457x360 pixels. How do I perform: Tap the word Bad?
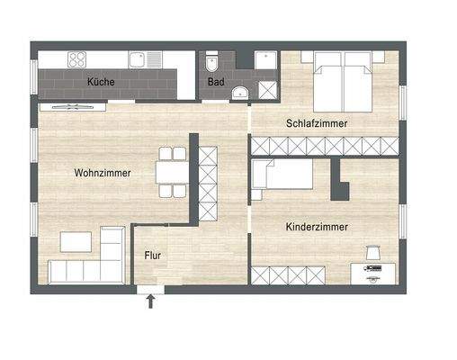pos(215,81)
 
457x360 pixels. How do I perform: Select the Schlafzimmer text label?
pos(317,122)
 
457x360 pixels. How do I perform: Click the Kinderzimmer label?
pos(317,228)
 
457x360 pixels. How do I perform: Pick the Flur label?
pos(153,255)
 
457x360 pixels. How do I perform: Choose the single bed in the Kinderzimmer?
pos(281,176)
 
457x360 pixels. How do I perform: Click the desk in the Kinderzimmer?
pos(372,270)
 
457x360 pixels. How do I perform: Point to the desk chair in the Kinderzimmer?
pos(374,252)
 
